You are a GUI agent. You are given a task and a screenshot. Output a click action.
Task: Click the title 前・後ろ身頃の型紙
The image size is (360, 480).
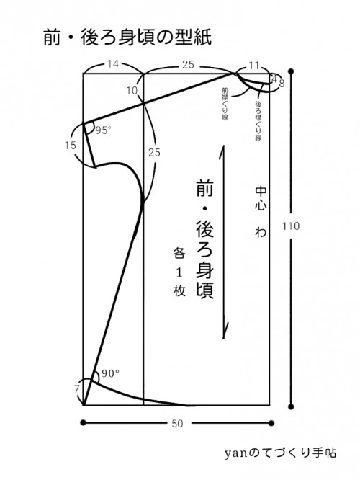pyautogui.click(x=127, y=38)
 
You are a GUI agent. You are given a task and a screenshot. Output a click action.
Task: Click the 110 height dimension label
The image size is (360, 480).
pyautogui.click(x=291, y=226)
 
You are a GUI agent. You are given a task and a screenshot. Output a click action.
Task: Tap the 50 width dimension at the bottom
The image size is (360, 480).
pyautogui.click(x=177, y=424)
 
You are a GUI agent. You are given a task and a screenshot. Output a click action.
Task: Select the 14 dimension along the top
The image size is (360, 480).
pyautogui.click(x=113, y=64)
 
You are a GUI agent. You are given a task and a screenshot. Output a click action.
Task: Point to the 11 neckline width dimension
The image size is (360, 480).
pyautogui.click(x=254, y=66)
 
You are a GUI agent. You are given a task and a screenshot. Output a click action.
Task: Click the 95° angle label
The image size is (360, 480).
pyautogui.click(x=103, y=130)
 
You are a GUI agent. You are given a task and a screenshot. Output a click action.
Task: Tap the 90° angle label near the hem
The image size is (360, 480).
pyautogui.click(x=110, y=373)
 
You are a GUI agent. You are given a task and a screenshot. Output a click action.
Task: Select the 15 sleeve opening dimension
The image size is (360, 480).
pyautogui.click(x=71, y=145)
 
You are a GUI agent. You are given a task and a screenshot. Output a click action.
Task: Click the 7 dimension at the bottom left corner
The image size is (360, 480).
pyautogui.click(x=76, y=389)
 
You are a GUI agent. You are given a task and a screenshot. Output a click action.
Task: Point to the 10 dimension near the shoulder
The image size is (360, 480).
pyautogui.click(x=132, y=91)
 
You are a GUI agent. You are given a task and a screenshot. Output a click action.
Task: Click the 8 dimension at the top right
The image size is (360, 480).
pyautogui.click(x=282, y=84)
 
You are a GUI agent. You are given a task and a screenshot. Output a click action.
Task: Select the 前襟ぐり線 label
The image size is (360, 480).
pyautogui.click(x=225, y=104)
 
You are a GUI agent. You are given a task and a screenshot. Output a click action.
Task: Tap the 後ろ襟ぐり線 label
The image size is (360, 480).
pyautogui.click(x=258, y=120)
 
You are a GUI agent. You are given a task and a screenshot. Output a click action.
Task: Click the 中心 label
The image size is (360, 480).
pyautogui.click(x=261, y=198)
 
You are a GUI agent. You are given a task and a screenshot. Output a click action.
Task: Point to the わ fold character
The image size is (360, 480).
pyautogui.click(x=261, y=231)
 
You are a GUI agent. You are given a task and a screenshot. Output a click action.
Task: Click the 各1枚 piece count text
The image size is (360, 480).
pyautogui.click(x=179, y=272)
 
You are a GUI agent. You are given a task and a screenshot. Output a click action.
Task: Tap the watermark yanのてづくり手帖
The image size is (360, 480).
pyautogui.click(x=280, y=453)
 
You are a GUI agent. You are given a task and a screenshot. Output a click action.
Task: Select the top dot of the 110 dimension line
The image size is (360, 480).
pyautogui.click(x=291, y=71)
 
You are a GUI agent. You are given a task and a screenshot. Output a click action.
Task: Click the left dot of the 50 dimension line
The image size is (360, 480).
pyautogui.click(x=83, y=423)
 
